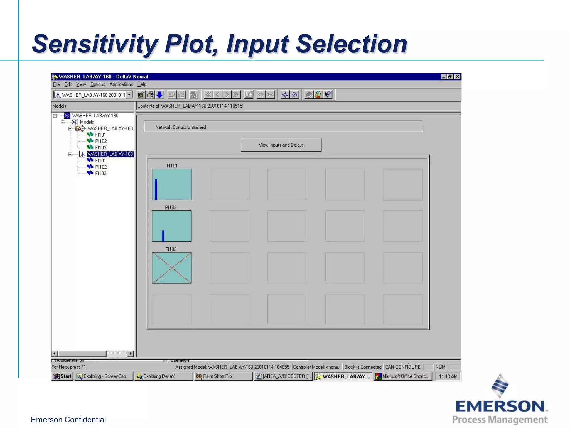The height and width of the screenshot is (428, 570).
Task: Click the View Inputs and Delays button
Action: [281, 145]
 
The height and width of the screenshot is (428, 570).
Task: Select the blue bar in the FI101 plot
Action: [156, 189]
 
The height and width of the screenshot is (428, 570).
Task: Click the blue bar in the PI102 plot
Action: [163, 236]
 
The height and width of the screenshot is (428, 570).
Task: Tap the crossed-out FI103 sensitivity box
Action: [171, 268]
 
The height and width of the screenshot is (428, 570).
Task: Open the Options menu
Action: [97, 84]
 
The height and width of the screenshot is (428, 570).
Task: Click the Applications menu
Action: [121, 84]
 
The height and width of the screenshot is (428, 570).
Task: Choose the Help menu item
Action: [142, 84]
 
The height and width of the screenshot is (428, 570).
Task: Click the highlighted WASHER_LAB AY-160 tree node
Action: [110, 154]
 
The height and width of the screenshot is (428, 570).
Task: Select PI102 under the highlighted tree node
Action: [101, 167]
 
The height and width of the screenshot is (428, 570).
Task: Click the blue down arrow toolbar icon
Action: [159, 95]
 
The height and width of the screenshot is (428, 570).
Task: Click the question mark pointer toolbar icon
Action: [328, 95]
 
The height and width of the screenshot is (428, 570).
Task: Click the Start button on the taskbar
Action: [63, 376]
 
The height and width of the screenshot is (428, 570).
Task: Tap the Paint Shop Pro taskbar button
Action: [217, 376]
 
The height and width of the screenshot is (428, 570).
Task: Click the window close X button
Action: [457, 77]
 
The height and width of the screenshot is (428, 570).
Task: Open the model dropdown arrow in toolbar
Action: [129, 95]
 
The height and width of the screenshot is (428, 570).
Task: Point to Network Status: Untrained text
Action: [180, 127]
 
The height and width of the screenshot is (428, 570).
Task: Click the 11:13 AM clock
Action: [448, 376]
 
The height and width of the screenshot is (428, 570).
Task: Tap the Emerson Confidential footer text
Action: [68, 420]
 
